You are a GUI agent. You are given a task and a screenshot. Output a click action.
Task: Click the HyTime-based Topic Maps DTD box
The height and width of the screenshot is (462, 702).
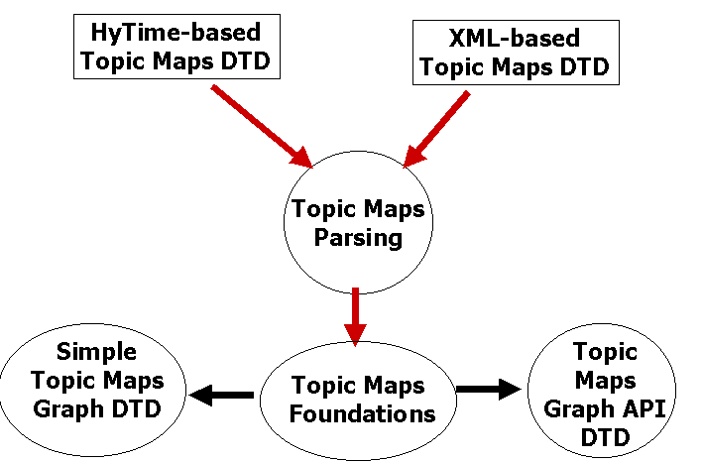[x=176, y=47]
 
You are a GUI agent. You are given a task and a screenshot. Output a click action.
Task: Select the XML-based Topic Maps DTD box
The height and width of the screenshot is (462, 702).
[x=516, y=53]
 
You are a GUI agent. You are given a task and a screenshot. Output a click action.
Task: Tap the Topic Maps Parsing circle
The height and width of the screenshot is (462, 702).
[x=358, y=222]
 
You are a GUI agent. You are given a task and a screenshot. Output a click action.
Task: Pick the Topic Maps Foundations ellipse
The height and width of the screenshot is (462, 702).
[x=358, y=401]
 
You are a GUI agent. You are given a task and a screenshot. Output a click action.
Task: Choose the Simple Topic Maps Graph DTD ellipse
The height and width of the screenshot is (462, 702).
[x=92, y=390]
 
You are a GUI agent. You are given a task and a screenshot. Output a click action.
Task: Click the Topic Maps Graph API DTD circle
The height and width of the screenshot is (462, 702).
[x=602, y=391]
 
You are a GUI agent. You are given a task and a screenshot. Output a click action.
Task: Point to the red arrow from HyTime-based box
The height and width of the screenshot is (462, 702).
[x=262, y=126]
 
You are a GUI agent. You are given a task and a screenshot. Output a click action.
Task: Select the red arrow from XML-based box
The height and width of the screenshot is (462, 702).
[x=436, y=129]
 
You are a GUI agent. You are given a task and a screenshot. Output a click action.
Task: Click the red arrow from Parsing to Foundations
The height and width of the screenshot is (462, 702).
[x=356, y=317]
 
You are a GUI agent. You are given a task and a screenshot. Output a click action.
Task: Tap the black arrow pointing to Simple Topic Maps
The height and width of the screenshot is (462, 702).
[x=221, y=395]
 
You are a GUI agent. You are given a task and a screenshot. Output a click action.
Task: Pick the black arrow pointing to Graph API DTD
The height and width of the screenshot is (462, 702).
[x=489, y=389]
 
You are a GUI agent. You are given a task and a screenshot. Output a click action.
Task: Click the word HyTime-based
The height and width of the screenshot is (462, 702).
[x=175, y=33]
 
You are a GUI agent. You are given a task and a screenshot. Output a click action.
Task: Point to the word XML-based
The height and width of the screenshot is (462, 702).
[x=514, y=38]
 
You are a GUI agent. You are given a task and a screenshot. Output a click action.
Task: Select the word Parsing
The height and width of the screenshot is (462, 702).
[x=358, y=237]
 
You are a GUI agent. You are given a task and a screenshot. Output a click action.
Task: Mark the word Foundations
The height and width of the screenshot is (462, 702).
[x=362, y=413]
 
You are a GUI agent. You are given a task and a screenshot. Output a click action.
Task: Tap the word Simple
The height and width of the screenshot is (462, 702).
[x=97, y=352]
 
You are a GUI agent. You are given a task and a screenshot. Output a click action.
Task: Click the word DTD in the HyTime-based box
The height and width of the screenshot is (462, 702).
[x=246, y=60]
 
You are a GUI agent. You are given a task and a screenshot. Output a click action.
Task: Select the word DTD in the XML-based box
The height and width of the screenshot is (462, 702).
[x=585, y=67]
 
